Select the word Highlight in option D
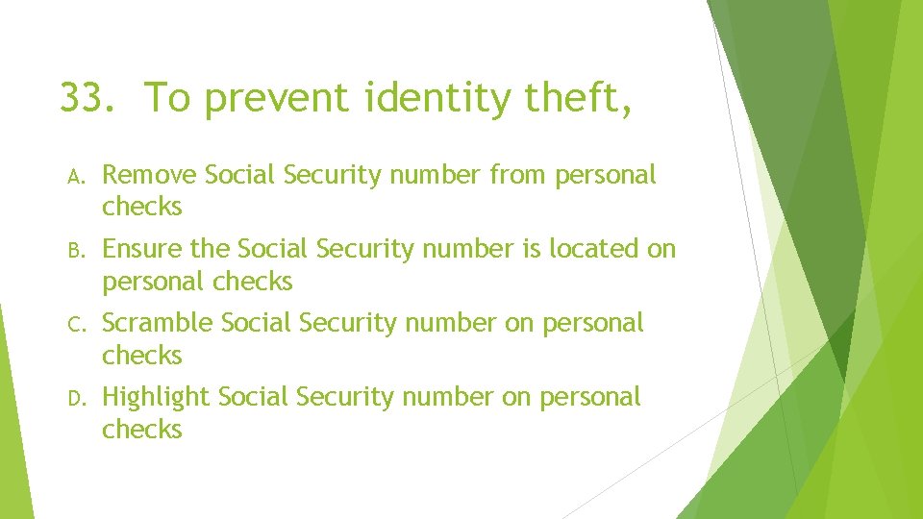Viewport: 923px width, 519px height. pos(156,397)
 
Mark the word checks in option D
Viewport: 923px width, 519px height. pos(141,429)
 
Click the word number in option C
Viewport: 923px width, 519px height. pos(451,323)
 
